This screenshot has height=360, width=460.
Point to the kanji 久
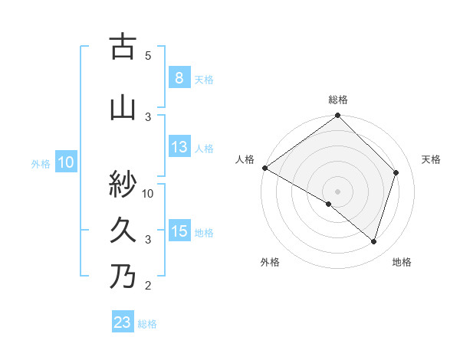coord(122,230)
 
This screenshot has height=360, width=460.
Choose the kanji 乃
coord(122,276)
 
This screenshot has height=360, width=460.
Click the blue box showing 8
coord(179,78)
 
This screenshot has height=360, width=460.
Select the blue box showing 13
coord(179,147)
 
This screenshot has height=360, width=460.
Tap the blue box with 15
coord(179,231)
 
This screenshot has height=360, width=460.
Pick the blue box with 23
coord(122,322)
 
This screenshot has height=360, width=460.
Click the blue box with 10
coord(65,162)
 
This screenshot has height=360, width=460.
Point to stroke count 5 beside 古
coord(148,55)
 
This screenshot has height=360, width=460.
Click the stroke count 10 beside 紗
coord(149,193)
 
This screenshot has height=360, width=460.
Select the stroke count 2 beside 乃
coord(148,286)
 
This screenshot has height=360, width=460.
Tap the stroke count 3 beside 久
coord(148,239)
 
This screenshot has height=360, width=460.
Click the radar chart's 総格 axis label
coord(337,100)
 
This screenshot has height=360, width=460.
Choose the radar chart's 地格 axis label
coord(402,262)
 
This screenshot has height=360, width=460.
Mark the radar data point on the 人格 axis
coord(264,168)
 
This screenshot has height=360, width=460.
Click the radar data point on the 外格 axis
coord(329,204)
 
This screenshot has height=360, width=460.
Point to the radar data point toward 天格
coord(396,172)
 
